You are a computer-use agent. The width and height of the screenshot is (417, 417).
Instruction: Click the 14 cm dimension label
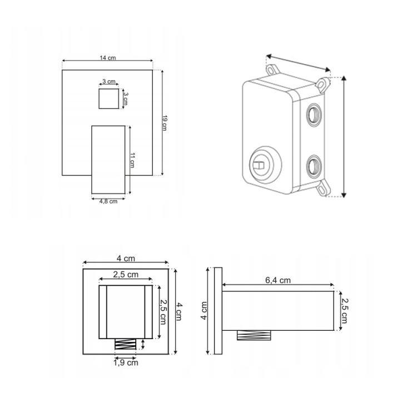[108, 58]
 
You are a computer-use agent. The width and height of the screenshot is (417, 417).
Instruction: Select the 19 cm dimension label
[165, 123]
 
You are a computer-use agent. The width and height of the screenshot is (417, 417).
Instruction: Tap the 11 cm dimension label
[132, 160]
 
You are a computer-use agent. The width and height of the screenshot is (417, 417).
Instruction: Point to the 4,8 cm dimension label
[108, 201]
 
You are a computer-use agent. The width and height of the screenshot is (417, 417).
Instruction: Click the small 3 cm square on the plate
[109, 98]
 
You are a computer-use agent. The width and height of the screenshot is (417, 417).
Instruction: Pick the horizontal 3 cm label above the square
[109, 81]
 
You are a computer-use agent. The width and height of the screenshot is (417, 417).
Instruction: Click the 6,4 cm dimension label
[278, 280]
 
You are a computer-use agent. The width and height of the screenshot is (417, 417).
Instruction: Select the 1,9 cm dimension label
[126, 363]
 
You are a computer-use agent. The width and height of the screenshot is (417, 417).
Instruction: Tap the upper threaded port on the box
[314, 115]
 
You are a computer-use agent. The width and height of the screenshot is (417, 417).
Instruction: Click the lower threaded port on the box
[314, 166]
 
